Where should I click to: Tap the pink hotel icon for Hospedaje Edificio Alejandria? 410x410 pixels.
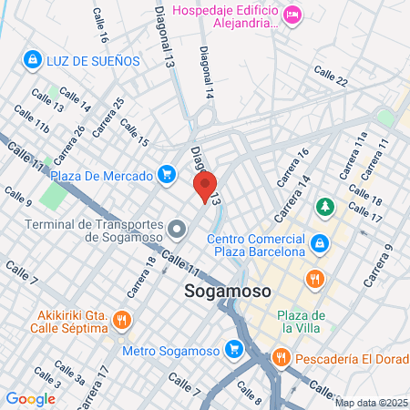tap(292, 14)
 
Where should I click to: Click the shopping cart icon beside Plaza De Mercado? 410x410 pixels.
tap(166, 173)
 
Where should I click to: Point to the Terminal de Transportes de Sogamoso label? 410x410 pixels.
tap(95, 231)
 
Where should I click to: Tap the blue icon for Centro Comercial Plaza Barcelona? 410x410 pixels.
tap(320, 243)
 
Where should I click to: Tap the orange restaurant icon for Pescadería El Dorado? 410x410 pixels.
tap(282, 358)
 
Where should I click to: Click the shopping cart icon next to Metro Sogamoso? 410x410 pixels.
tap(234, 349)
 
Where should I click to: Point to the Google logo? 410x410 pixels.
tap(30, 398)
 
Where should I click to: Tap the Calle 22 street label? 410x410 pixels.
tap(330, 75)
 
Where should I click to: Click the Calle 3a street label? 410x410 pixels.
tap(68, 371)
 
